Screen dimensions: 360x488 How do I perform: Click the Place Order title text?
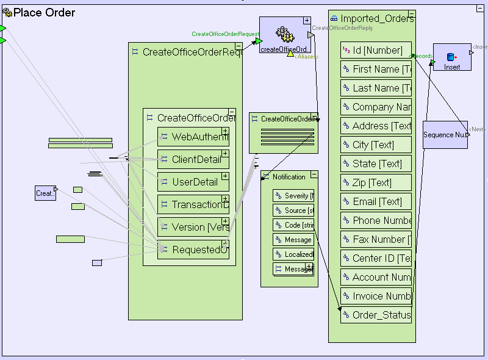point(44,13)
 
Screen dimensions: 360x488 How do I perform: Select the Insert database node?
point(452,57)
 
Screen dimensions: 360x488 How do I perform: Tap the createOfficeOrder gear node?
point(285,35)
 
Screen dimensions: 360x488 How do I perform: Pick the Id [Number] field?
point(376,51)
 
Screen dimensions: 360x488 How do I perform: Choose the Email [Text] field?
point(376,202)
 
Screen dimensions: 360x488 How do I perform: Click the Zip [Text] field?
point(376,183)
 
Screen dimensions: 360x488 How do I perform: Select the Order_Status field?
point(376,315)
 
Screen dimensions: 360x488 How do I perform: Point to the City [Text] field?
point(376,145)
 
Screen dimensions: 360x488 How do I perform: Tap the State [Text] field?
point(376,164)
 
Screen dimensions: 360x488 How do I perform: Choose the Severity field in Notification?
point(293,196)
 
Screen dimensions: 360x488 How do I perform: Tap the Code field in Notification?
point(293,225)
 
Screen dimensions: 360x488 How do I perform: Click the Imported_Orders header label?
point(376,19)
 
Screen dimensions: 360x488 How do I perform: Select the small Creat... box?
point(45,193)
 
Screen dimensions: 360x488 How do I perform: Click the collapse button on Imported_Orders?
point(412,14)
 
